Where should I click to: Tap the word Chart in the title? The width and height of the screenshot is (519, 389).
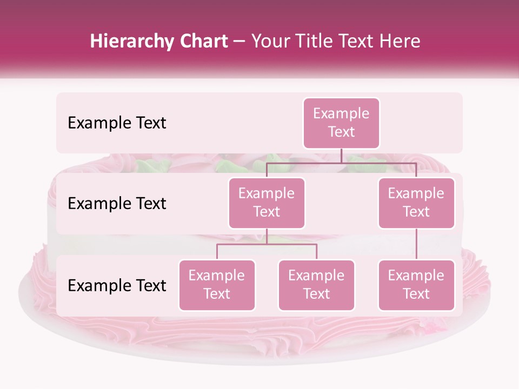coord(204,42)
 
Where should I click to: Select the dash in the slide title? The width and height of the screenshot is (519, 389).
coord(239,42)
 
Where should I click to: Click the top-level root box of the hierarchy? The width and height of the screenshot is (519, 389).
coord(341,123)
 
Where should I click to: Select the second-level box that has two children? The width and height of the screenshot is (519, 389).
coord(267,203)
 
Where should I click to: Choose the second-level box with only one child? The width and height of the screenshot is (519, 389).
coord(416,203)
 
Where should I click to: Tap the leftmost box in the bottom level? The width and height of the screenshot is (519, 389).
coord(217,285)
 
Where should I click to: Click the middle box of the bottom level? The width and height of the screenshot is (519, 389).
coord(316,285)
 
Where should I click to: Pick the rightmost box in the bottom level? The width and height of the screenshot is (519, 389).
coord(416,285)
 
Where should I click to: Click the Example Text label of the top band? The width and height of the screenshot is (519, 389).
coord(117,123)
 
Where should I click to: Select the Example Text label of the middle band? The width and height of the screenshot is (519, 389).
coord(117,203)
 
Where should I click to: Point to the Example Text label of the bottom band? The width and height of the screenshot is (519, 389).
coord(117,285)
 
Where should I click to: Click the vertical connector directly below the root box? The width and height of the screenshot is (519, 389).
coord(341,156)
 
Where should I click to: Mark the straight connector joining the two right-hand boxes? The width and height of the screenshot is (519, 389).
coord(416,244)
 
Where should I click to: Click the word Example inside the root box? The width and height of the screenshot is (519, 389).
coord(341,113)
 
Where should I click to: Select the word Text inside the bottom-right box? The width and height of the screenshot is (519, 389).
coord(416,294)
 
